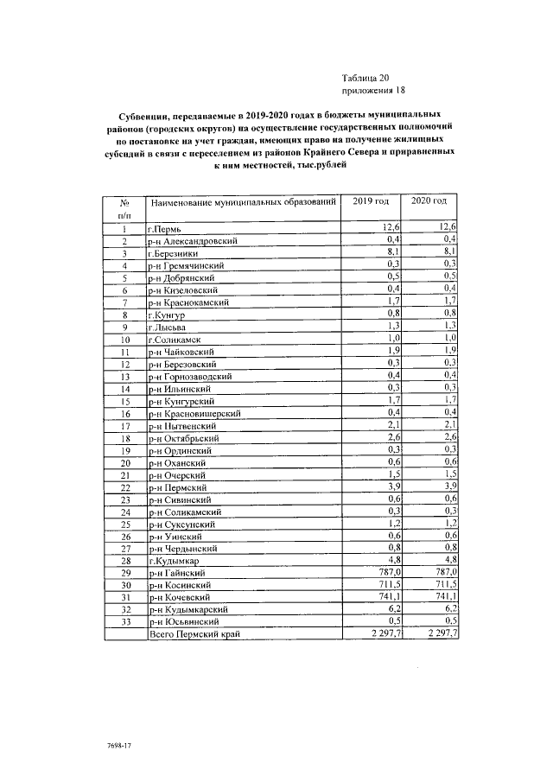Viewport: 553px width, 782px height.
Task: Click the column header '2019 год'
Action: click(372, 202)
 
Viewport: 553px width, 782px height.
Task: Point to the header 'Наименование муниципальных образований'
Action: click(243, 203)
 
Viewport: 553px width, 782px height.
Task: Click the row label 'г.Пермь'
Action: click(163, 228)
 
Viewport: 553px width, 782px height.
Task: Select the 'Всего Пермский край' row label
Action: click(194, 634)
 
